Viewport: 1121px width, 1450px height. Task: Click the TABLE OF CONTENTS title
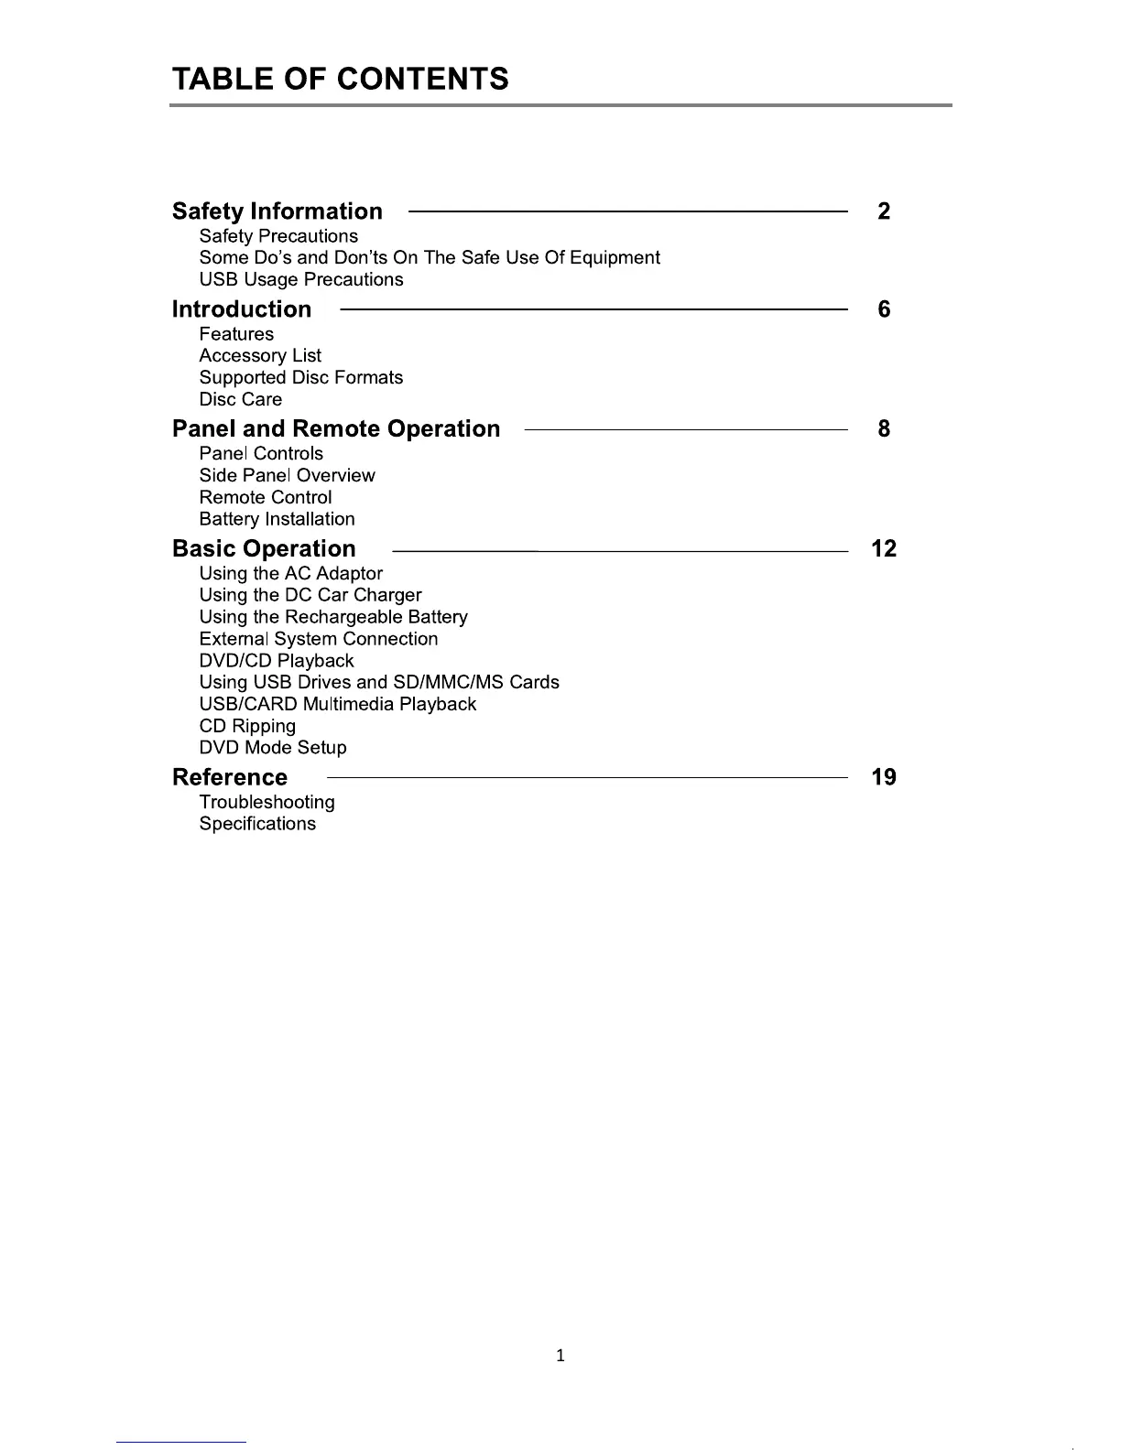coord(340,79)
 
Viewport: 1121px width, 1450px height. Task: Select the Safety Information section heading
coord(277,211)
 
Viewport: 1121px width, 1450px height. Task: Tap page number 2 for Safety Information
coord(883,211)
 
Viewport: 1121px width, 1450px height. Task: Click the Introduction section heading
coord(242,309)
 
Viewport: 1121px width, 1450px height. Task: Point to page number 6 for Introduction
coord(883,309)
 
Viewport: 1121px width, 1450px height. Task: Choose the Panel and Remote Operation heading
coord(336,429)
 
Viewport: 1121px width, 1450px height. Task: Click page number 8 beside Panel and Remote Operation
coord(883,429)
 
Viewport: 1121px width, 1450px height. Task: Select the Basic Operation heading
coord(264,549)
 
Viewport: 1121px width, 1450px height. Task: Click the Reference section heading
coord(230,778)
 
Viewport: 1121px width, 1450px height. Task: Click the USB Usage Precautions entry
coord(300,280)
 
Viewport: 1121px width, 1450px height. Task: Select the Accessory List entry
coord(260,356)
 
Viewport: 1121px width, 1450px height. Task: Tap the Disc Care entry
coord(240,400)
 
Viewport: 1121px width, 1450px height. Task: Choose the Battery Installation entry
coord(277,519)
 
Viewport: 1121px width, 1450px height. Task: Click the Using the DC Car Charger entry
coord(310,595)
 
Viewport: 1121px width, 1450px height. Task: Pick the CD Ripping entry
coord(247,726)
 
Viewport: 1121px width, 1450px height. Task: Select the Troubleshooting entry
coord(267,803)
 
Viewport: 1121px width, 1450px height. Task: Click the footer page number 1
coord(560,1356)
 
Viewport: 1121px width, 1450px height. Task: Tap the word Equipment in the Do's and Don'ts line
coord(615,258)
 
